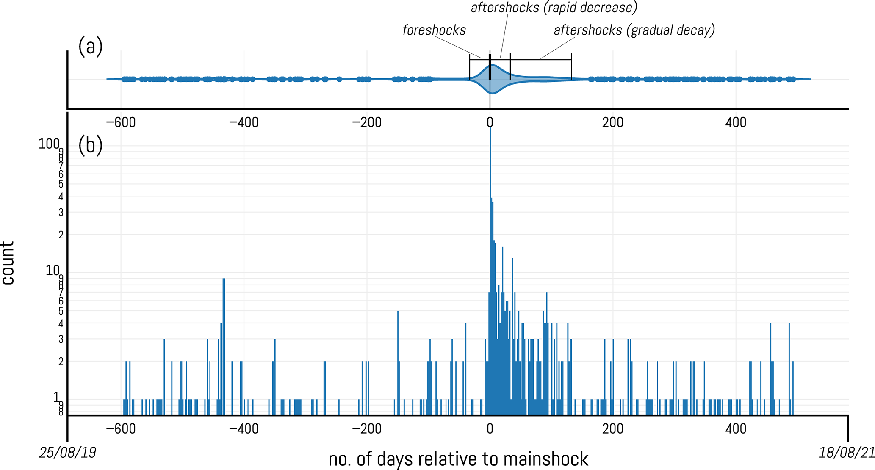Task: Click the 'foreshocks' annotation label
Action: (x=434, y=30)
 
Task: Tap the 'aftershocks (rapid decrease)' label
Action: (x=554, y=8)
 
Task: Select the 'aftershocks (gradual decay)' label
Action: (x=634, y=30)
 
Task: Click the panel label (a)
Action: (x=90, y=46)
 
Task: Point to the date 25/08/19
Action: (x=68, y=453)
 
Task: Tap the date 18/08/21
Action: (x=847, y=453)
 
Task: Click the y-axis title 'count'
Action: (x=8, y=263)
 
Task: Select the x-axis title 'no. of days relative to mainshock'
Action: (x=458, y=459)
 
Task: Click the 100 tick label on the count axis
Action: (x=49, y=144)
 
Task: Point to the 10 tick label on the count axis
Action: (x=52, y=270)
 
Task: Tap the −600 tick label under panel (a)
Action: (x=121, y=122)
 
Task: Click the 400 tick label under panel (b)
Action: (x=736, y=429)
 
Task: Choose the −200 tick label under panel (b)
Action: (x=367, y=429)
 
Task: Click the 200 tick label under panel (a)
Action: (x=613, y=122)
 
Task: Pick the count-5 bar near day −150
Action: (x=398, y=360)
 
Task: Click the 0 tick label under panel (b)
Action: (x=490, y=429)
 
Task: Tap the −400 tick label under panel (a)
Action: (x=244, y=122)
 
